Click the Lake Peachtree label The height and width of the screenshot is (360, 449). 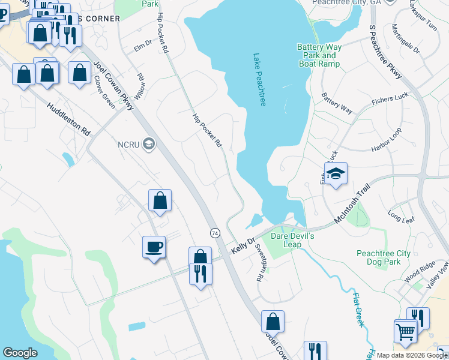click(259, 81)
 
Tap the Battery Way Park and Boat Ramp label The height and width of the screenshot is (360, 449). click(319, 56)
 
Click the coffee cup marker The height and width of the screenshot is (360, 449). click(154, 247)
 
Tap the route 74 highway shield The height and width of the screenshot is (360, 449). click(214, 232)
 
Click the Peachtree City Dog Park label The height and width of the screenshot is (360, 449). click(384, 258)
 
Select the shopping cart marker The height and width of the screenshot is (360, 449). click(406, 330)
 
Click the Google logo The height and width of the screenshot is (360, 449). click(20, 353)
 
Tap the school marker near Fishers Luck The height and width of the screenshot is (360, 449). click(336, 174)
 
